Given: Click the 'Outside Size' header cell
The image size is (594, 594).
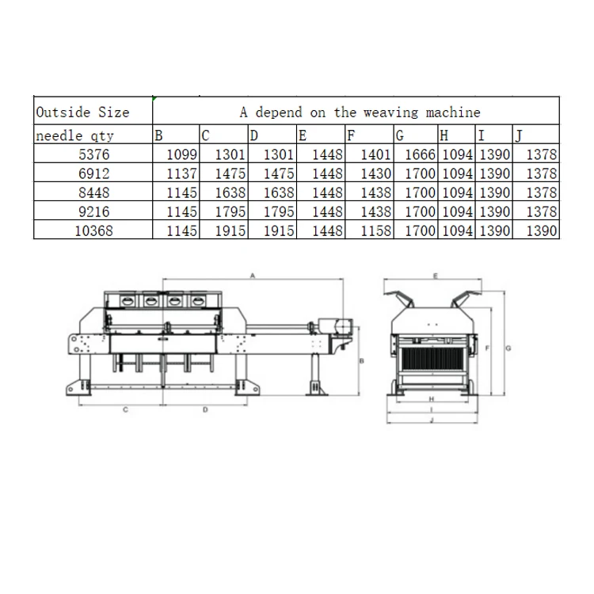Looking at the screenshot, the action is (x=82, y=112).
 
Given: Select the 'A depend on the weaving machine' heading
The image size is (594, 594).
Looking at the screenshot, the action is (x=360, y=112).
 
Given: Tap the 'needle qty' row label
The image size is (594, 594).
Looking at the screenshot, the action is (x=74, y=135).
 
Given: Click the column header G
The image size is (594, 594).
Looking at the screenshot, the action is (x=400, y=135).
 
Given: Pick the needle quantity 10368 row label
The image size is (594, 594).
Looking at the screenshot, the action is (x=93, y=230).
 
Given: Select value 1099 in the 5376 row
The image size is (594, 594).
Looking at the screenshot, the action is (x=182, y=154).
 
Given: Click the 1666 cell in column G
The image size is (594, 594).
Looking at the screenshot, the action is (x=420, y=154).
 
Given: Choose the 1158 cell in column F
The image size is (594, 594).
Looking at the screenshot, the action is (x=375, y=230).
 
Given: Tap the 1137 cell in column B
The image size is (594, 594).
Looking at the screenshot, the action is (x=182, y=173).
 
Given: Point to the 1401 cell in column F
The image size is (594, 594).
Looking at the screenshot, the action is (x=375, y=154).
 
